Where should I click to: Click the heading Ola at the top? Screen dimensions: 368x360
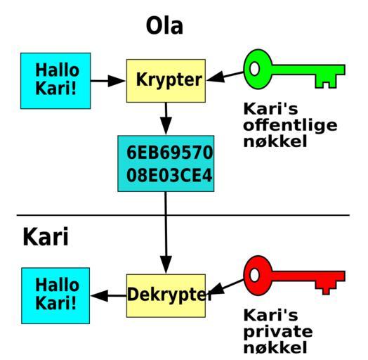(164, 26)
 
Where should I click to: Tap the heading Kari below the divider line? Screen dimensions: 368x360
(46, 237)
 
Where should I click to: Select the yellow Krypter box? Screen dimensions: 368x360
(166, 81)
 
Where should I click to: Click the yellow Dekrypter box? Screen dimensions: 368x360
(166, 295)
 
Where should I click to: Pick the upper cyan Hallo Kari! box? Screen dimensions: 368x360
(55, 81)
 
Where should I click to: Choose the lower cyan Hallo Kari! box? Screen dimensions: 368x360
(55, 295)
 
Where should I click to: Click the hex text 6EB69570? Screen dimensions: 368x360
(169, 153)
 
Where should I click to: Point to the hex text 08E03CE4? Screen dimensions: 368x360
(169, 176)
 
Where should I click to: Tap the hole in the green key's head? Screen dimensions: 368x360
(254, 69)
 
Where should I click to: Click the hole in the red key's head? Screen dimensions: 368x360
(254, 275)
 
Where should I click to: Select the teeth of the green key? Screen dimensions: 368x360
(327, 82)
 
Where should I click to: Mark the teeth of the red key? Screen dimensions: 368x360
(327, 288)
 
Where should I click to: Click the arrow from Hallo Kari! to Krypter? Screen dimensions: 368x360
(108, 81)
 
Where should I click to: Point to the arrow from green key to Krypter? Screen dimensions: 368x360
(225, 76)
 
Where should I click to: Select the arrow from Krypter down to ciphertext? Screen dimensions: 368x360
(166, 119)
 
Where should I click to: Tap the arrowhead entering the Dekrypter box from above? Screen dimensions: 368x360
(166, 265)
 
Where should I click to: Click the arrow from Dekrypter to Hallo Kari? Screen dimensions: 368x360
(108, 295)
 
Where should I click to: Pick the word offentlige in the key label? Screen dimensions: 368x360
(290, 125)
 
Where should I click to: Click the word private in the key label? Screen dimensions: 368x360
(278, 332)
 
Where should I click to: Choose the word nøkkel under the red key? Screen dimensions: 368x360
(275, 347)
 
